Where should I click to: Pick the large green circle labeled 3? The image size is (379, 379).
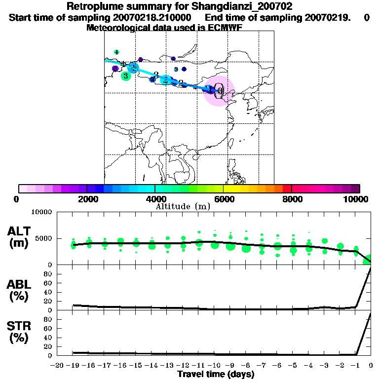coord(126,76)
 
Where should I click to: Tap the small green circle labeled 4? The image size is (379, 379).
coord(116,52)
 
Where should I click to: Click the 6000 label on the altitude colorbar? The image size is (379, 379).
coord(223,199)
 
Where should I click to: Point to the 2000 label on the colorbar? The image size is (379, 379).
coord(87,199)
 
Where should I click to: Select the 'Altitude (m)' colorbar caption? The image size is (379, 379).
coord(183,206)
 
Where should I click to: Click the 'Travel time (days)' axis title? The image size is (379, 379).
coord(216,375)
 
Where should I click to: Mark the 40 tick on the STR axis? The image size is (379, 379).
coord(48,338)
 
